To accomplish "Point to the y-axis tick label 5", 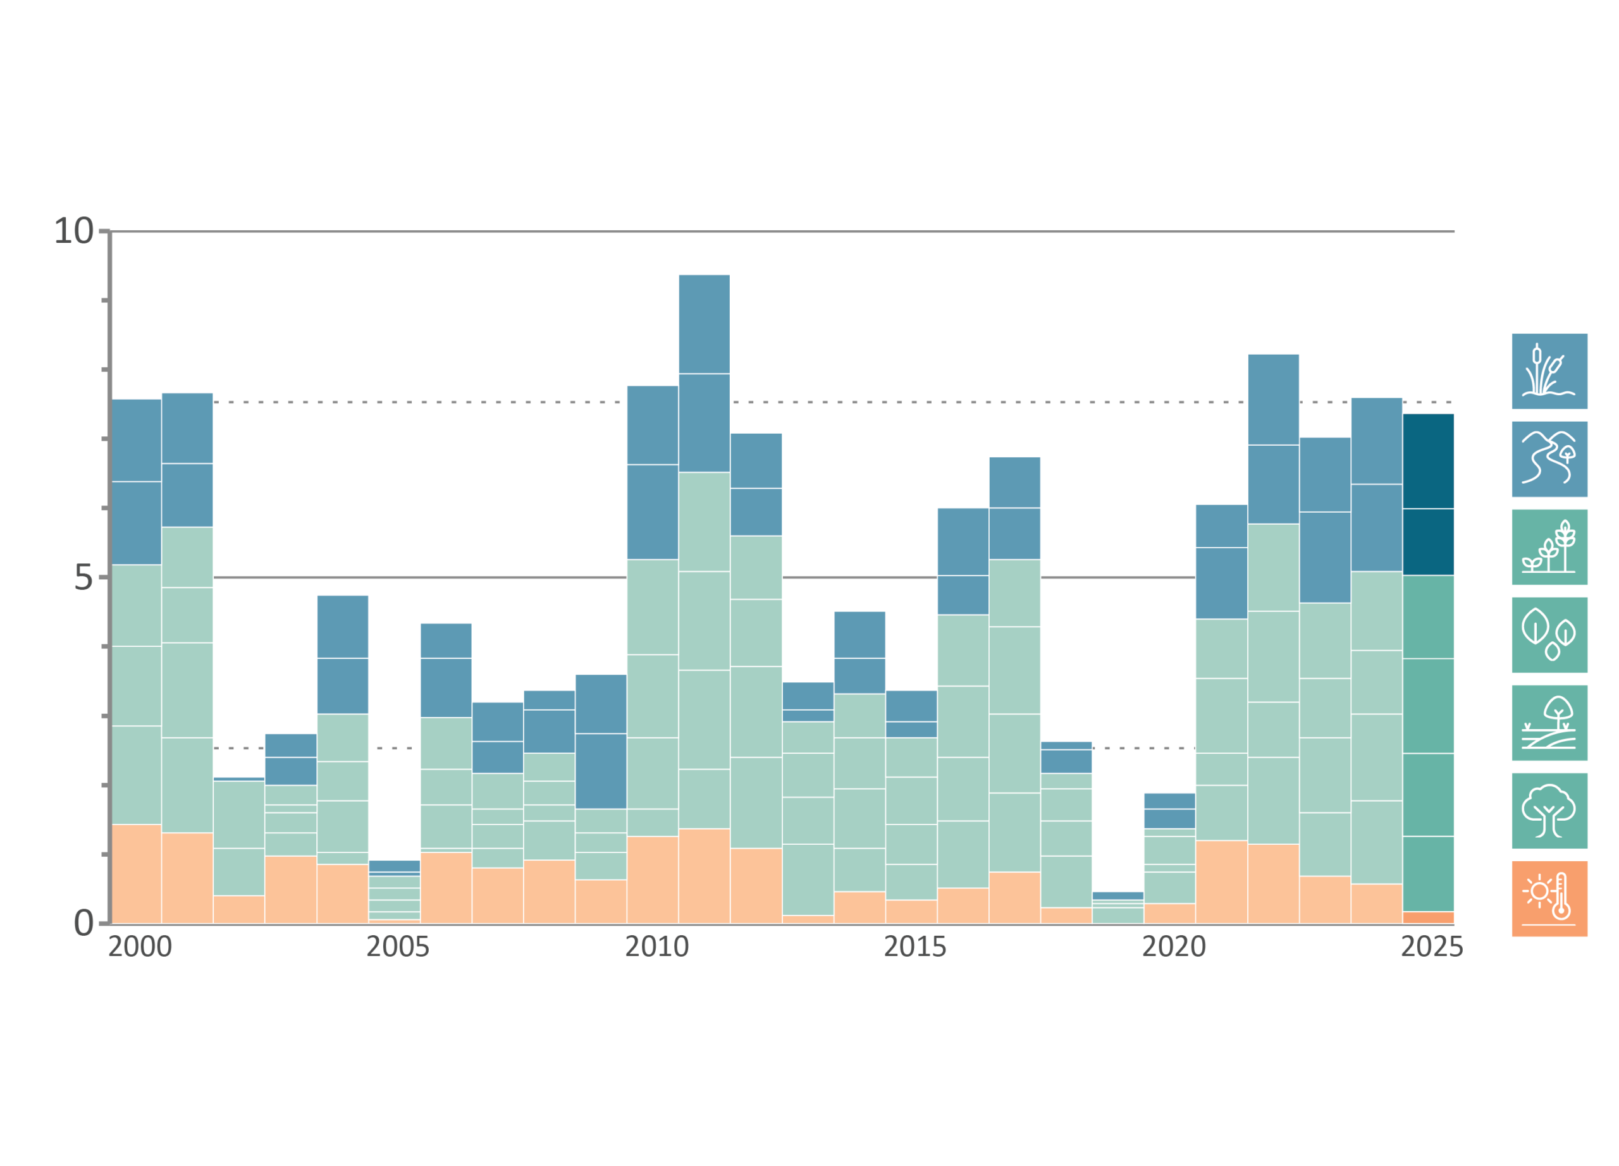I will point(83,577).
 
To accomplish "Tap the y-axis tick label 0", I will point(83,923).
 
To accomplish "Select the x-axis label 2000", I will point(140,947).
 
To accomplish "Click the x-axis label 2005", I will point(398,947).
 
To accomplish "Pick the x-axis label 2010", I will point(656,947).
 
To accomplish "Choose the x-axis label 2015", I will point(915,947).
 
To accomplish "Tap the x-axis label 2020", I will point(1174,947).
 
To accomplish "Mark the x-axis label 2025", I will point(1431,947).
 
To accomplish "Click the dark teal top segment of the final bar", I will point(1429,461).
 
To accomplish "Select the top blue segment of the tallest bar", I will point(704,324).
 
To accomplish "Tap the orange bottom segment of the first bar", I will point(137,873).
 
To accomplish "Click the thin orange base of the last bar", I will point(1429,917).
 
